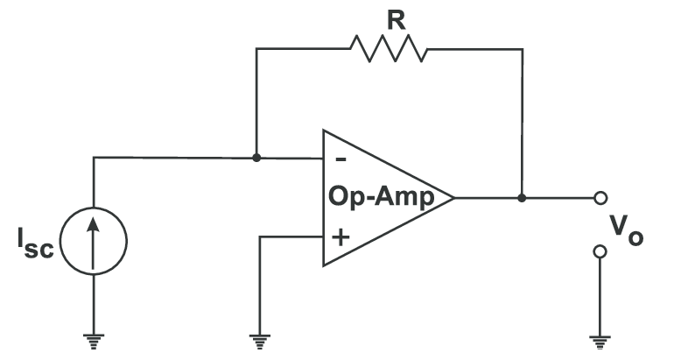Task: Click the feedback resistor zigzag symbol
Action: pyautogui.click(x=388, y=49)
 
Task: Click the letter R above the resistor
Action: pyautogui.click(x=397, y=19)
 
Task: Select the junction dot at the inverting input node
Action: pyautogui.click(x=256, y=159)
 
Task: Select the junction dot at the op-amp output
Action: pyautogui.click(x=522, y=197)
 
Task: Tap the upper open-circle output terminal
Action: pyautogui.click(x=600, y=197)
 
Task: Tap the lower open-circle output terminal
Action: pyautogui.click(x=600, y=252)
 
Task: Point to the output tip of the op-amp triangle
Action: pyautogui.click(x=453, y=197)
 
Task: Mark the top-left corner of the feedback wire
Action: pyautogui.click(x=256, y=49)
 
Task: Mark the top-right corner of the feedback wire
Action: pyautogui.click(x=522, y=49)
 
